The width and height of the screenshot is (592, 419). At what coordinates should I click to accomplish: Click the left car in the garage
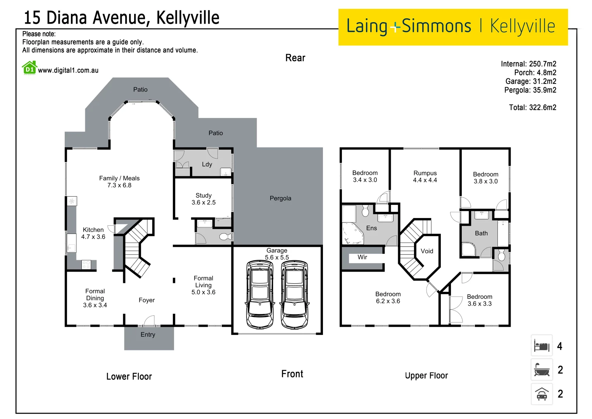260,295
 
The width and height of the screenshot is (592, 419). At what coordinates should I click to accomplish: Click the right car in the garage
295,295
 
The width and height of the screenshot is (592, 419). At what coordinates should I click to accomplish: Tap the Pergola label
280,198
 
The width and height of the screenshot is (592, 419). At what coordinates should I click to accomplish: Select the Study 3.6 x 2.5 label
204,199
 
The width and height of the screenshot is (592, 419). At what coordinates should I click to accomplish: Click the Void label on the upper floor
427,251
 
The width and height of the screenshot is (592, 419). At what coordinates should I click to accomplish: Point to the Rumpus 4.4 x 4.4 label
425,177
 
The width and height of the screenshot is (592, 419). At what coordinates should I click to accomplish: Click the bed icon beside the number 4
542,346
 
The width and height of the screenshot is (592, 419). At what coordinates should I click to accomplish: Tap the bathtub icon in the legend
542,370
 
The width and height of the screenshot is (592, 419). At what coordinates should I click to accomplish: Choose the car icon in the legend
542,394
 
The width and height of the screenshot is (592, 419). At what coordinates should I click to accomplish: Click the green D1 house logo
29,68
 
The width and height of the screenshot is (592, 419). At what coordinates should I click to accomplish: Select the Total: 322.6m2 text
532,107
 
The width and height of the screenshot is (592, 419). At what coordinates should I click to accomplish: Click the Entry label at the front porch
148,334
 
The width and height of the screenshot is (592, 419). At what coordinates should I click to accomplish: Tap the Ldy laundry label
207,164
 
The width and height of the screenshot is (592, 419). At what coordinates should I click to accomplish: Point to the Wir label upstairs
362,257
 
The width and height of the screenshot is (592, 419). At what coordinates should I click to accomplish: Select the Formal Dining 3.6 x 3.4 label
95,298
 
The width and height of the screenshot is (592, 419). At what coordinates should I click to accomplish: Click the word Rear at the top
295,58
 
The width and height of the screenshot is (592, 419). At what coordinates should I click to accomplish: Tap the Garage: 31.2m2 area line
530,81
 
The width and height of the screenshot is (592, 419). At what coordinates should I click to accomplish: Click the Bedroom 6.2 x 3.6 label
388,298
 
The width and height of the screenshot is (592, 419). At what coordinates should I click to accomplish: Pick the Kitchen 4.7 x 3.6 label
93,233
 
